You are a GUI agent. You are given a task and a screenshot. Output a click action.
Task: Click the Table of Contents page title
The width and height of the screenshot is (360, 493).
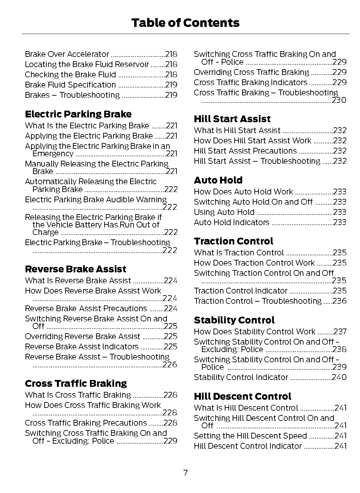click(185, 23)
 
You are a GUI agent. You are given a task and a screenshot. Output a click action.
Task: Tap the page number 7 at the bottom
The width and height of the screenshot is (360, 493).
click(185, 473)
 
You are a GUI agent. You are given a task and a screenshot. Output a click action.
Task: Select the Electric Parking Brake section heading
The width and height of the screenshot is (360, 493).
click(78, 114)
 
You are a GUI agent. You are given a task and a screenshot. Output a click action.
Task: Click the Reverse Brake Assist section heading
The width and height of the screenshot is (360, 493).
click(75, 269)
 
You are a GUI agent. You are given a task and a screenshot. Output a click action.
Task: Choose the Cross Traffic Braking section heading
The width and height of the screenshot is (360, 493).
click(76, 383)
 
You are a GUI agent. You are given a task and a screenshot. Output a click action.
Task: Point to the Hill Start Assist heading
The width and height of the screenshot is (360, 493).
click(232, 119)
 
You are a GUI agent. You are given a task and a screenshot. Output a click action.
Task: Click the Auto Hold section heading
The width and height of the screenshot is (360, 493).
click(218, 180)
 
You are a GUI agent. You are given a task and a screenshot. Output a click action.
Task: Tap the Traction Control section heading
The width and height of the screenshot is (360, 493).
click(233, 241)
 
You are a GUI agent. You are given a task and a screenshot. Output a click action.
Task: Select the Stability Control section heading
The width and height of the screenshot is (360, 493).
click(234, 320)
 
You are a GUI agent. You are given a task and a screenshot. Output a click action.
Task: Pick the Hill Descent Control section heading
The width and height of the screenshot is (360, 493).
click(242, 396)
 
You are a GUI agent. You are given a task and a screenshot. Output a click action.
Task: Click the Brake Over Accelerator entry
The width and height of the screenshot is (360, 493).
click(67, 54)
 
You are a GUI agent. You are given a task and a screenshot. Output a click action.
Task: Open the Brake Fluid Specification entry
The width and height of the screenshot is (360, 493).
click(70, 85)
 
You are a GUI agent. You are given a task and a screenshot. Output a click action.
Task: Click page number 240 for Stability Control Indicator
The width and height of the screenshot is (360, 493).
click(339, 377)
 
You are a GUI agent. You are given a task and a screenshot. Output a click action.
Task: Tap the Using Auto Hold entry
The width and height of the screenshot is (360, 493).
click(224, 212)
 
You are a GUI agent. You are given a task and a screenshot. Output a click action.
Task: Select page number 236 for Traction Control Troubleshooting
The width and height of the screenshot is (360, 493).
click(340, 301)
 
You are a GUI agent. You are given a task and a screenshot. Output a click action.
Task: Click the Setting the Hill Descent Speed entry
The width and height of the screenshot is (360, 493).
click(250, 436)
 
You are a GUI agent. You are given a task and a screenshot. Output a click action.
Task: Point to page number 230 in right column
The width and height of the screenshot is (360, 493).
click(339, 100)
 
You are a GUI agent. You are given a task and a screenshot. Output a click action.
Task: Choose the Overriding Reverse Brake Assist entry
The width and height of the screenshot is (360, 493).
click(82, 336)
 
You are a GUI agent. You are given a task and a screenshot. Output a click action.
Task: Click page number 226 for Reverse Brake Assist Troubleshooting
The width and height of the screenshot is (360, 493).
click(170, 365)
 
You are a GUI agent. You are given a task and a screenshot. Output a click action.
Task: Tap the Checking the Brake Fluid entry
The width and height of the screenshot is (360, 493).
click(70, 75)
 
